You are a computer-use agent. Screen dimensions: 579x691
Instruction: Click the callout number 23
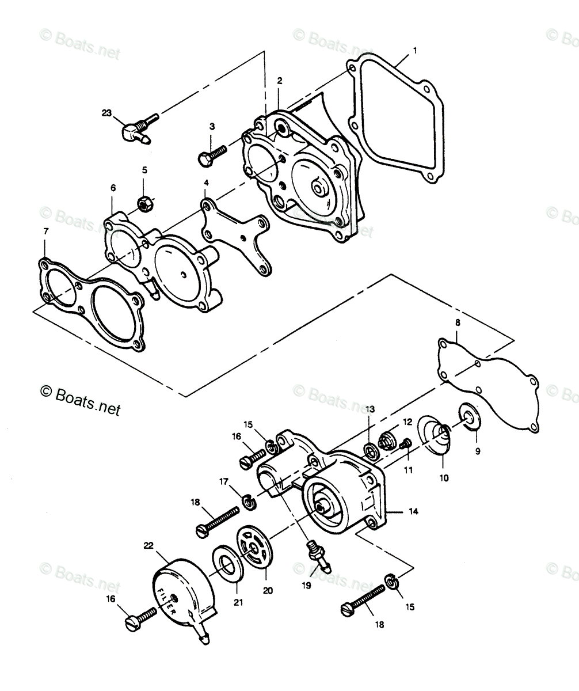click(x=106, y=113)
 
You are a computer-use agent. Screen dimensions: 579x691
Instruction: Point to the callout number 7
click(x=45, y=231)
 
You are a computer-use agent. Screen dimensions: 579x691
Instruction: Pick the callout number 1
click(x=415, y=51)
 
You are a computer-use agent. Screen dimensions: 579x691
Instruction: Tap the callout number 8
click(x=458, y=322)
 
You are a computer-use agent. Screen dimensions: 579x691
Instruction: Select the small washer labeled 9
click(x=470, y=420)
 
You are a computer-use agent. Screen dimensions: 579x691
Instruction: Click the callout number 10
click(x=444, y=478)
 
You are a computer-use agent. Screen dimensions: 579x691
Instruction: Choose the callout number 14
click(x=414, y=512)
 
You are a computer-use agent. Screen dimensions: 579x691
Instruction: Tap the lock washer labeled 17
click(x=247, y=502)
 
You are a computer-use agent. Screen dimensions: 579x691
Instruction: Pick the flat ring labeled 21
click(x=228, y=568)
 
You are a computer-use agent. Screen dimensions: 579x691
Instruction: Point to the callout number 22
click(x=148, y=545)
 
